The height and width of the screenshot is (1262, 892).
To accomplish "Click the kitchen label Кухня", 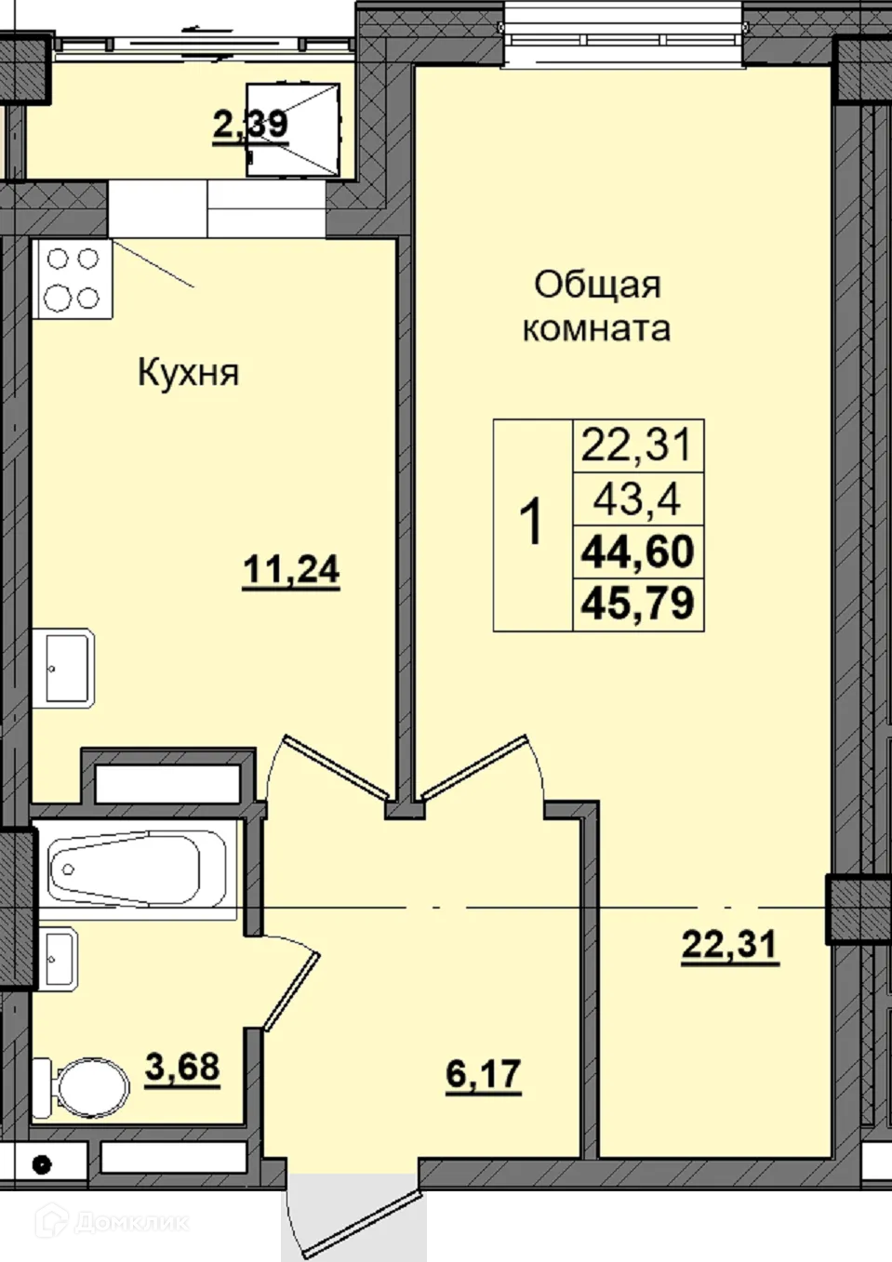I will pyautogui.click(x=189, y=373).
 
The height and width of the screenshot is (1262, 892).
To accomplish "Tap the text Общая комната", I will pyautogui.click(x=596, y=306).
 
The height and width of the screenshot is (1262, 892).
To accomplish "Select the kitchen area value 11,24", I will pyautogui.click(x=290, y=568).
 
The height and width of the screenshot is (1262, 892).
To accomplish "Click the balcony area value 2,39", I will pyautogui.click(x=250, y=123).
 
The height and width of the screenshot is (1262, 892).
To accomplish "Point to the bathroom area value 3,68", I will pyautogui.click(x=182, y=1067).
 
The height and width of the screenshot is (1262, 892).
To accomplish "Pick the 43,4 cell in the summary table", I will pyautogui.click(x=638, y=500).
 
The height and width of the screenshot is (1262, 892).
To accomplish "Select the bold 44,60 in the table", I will pyautogui.click(x=638, y=551).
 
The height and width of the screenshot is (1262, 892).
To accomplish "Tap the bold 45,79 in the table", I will pyautogui.click(x=638, y=604).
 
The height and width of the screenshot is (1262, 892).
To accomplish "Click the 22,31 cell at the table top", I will pyautogui.click(x=638, y=445).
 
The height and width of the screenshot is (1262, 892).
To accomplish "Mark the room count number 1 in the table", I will pyautogui.click(x=531, y=524).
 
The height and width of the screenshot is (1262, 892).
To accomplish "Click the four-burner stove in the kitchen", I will pyautogui.click(x=72, y=278).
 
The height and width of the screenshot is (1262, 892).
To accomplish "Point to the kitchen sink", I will pyautogui.click(x=65, y=667).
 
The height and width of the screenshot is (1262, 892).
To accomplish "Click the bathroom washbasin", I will pyautogui.click(x=59, y=962).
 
